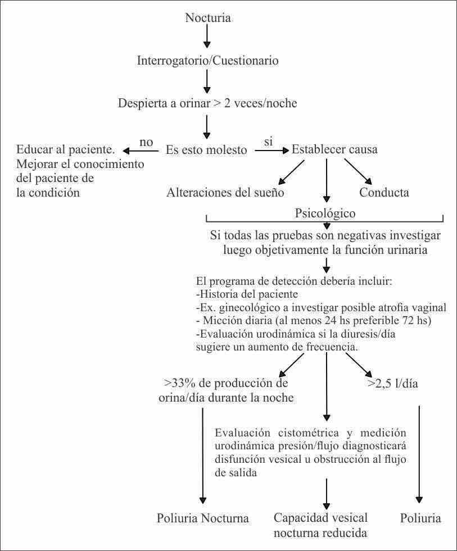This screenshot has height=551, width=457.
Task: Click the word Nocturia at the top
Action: pyautogui.click(x=208, y=18)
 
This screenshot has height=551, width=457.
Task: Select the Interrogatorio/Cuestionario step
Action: pyautogui.click(x=208, y=61)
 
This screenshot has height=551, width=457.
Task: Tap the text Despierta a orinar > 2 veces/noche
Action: pyautogui.click(x=207, y=103)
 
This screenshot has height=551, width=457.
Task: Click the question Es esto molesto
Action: pyautogui.click(x=206, y=150)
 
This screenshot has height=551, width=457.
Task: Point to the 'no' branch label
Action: pyautogui.click(x=146, y=142)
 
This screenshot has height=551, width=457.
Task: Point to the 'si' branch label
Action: pyautogui.click(x=269, y=142)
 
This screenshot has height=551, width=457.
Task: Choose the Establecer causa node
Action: pyautogui.click(x=334, y=150)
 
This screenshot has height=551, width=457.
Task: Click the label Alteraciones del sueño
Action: pyautogui.click(x=225, y=192)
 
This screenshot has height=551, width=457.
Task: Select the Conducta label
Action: pyautogui.click(x=384, y=192)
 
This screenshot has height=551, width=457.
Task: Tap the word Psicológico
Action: pyautogui.click(x=325, y=213)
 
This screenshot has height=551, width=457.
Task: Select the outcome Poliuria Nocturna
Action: pyautogui.click(x=202, y=517)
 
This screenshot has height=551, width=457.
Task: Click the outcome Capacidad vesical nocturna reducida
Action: pyautogui.click(x=320, y=525)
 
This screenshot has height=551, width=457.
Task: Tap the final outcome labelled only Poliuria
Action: pyautogui.click(x=420, y=517)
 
